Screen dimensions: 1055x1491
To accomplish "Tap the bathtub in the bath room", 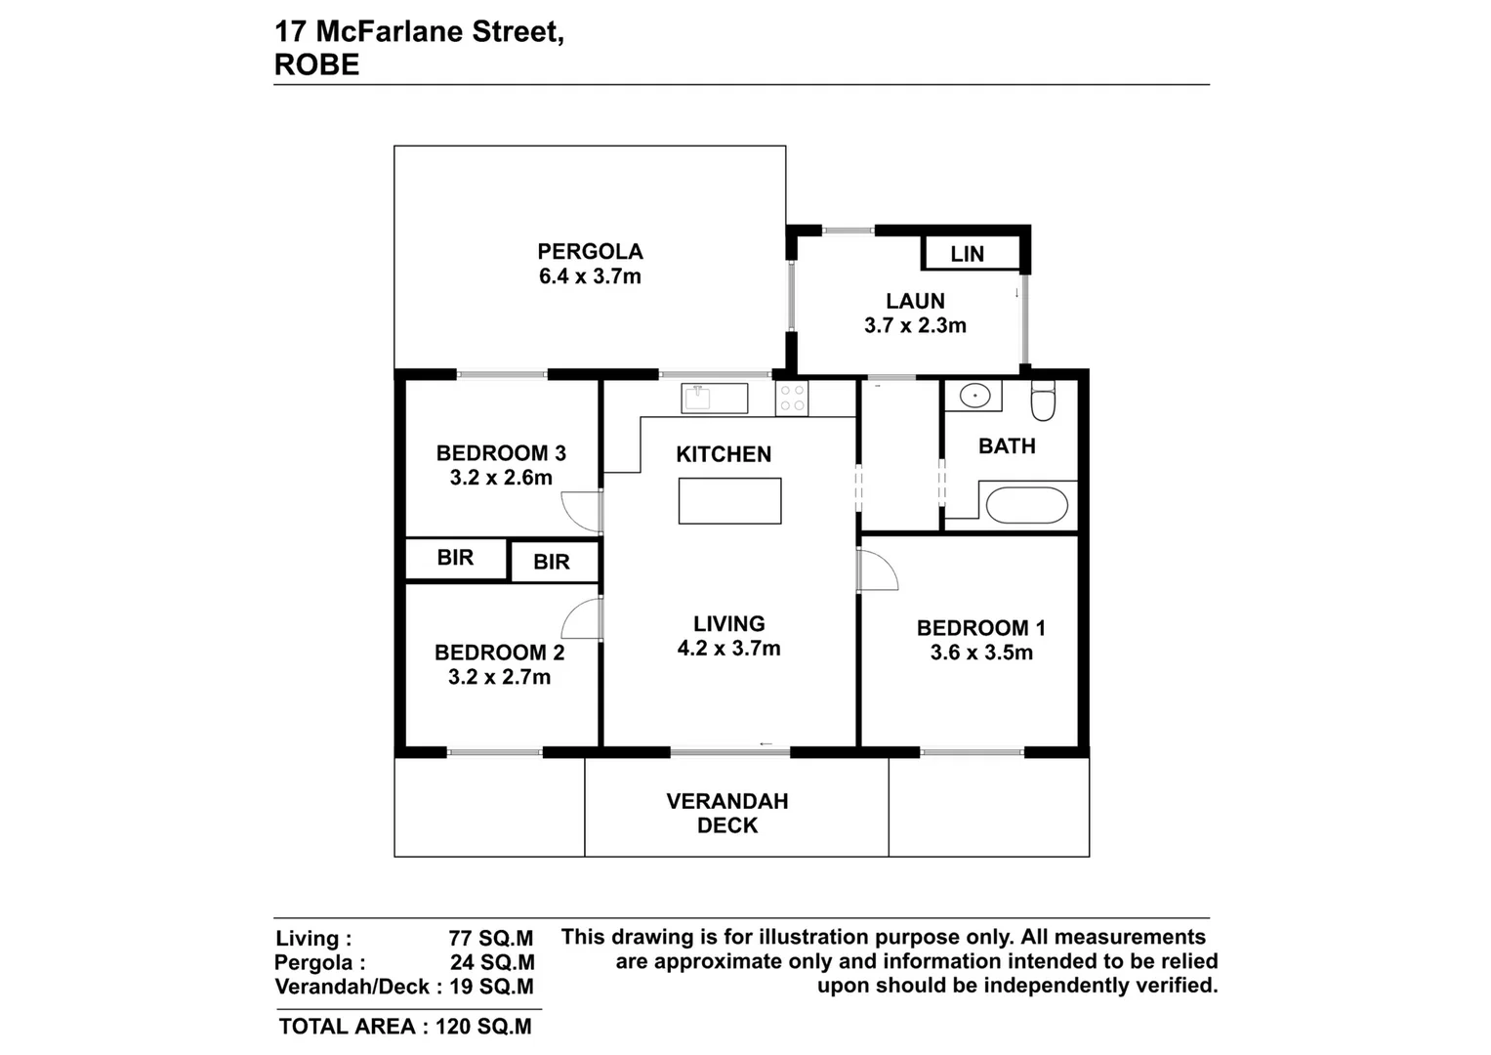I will click(x=1026, y=505).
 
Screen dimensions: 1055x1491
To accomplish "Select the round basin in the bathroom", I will click(x=973, y=397).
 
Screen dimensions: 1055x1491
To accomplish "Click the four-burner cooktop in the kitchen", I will click(x=792, y=398).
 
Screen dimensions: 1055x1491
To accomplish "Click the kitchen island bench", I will click(x=729, y=500).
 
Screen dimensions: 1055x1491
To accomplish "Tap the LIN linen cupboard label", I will click(x=967, y=254).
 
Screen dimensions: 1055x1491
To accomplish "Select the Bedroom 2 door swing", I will click(x=583, y=618).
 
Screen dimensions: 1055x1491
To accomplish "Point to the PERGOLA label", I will click(x=590, y=252).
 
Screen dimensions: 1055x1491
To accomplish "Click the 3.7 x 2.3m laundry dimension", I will click(x=915, y=326).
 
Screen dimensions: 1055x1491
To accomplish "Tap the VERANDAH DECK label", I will click(x=727, y=813).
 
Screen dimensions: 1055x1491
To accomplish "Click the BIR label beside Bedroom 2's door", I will click(x=552, y=563).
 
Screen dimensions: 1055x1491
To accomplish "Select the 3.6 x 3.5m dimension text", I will click(x=981, y=653).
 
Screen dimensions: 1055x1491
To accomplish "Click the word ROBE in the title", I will click(x=317, y=64).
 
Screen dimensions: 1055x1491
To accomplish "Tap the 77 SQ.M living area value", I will click(x=490, y=939).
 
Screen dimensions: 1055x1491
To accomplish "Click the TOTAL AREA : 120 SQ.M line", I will click(x=405, y=1027).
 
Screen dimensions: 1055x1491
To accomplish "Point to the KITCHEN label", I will click(x=724, y=454).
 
